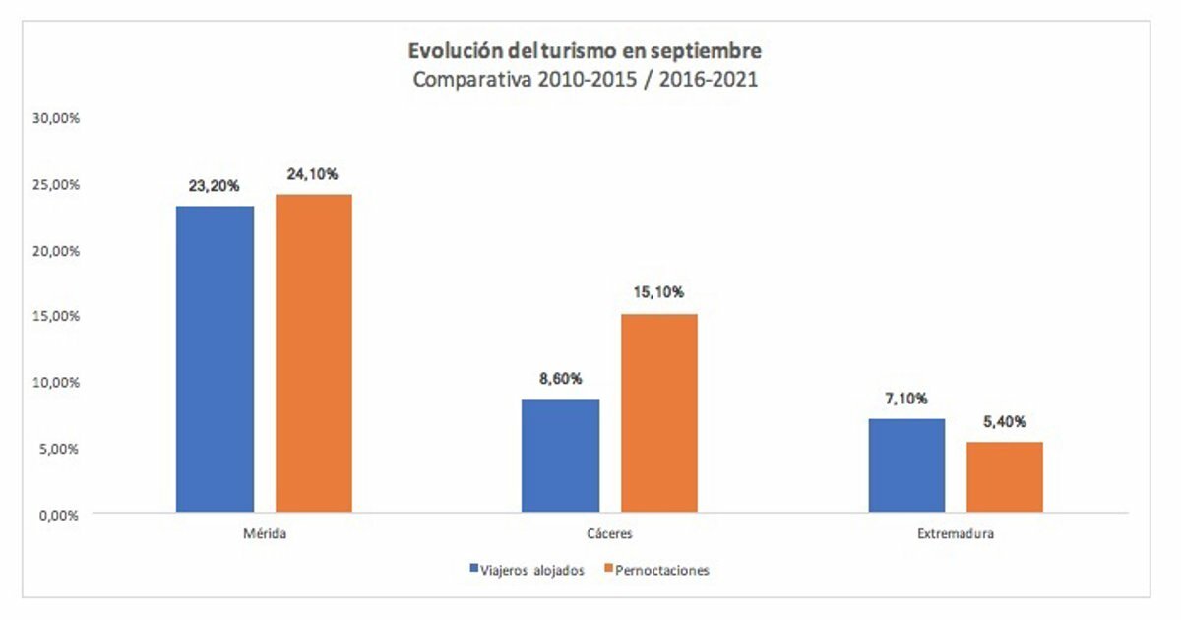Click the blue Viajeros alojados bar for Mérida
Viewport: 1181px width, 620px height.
[x=215, y=359]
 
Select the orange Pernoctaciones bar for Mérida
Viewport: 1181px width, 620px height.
[x=313, y=353]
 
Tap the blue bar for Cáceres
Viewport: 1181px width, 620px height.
[x=560, y=456]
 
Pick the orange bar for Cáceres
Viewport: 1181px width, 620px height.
[x=658, y=413]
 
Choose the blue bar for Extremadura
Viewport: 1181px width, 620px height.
[x=906, y=465]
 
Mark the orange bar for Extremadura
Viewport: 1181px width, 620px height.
[x=1004, y=477]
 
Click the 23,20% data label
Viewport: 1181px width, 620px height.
[x=215, y=184]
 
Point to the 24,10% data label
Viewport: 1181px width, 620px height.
[x=313, y=174]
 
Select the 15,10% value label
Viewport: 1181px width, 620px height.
[x=658, y=292]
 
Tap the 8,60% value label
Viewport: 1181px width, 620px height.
[x=560, y=378]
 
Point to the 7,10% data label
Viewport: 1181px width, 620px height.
[x=906, y=399]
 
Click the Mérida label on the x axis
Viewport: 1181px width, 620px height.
[x=264, y=535]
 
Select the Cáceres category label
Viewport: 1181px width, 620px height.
[x=609, y=535]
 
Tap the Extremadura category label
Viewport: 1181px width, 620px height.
[x=955, y=535]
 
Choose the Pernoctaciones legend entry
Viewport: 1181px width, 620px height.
[x=656, y=570]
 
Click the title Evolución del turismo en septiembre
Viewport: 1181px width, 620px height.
[x=585, y=51]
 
